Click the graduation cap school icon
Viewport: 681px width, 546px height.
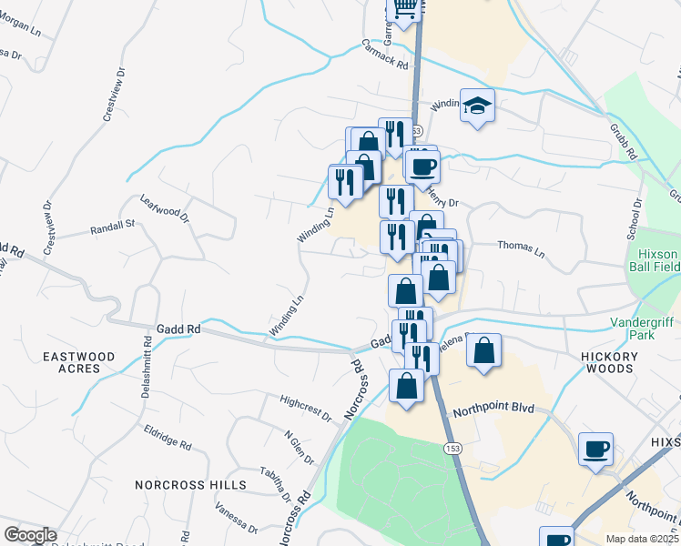pyautogui.click(x=477, y=106)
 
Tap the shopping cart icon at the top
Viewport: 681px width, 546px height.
pyautogui.click(x=403, y=9)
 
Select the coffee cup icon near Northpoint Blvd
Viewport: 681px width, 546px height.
pyautogui.click(x=596, y=449)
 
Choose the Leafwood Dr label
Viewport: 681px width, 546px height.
pyautogui.click(x=164, y=208)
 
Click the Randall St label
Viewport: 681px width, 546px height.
pyautogui.click(x=112, y=227)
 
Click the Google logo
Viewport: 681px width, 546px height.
pyautogui.click(x=29, y=535)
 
